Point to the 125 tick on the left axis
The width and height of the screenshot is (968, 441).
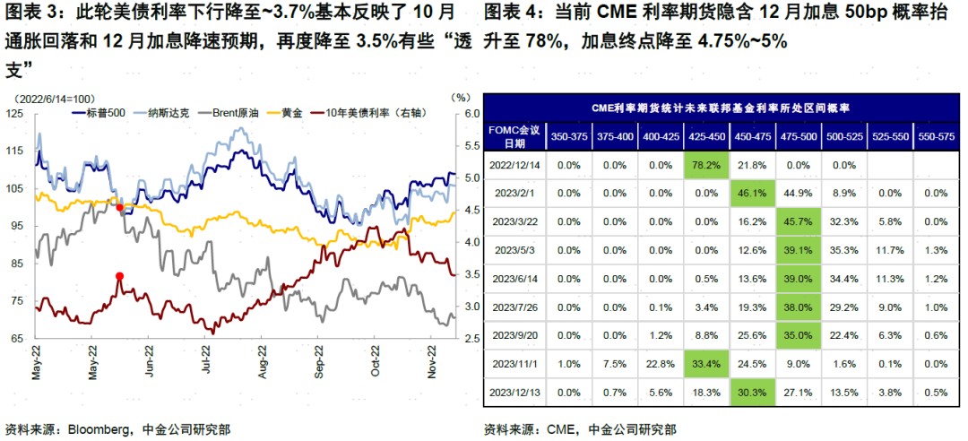coord(13,114)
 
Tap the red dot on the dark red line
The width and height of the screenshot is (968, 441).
coord(119,276)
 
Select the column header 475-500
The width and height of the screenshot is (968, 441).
coord(799,136)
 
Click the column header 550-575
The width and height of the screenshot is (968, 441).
coord(936,136)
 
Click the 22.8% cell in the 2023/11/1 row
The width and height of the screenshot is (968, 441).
coord(660,363)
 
